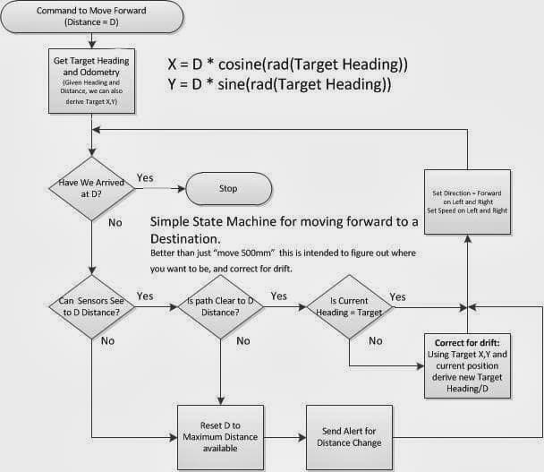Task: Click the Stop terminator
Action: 229,189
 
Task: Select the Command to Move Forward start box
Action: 92,16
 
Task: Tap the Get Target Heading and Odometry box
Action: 91,81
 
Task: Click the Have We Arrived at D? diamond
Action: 91,189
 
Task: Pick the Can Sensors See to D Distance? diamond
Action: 91,306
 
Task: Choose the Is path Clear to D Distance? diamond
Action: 221,306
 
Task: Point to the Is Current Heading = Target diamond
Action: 349,306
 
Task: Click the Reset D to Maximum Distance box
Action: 221,437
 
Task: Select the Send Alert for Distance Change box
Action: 349,437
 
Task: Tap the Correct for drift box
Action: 467,365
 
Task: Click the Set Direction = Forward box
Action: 467,202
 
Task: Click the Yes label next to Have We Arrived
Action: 145,178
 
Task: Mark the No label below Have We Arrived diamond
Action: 115,222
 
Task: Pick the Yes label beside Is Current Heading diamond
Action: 397,297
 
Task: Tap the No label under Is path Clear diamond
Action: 243,340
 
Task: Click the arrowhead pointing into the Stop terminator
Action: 182,189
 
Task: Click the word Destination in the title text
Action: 185,239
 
